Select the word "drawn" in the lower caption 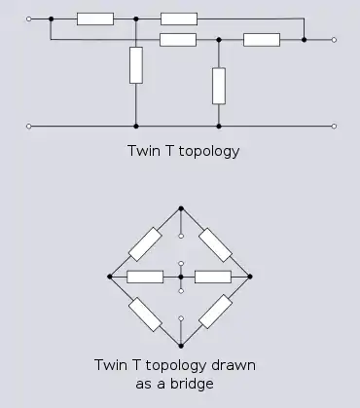pos(234,365)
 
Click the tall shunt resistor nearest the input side pos(136,65)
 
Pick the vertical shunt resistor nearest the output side pos(219,86)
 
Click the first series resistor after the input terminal pos(95,19)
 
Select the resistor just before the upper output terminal pos(262,40)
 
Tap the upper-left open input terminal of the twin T pos(29,19)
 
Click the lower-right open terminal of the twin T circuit pos(334,127)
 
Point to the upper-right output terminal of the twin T pos(334,40)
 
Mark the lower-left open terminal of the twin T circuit pos(29,127)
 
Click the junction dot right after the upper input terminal pos(51,19)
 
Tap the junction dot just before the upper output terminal pos(304,40)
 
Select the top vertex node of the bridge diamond pos(181,208)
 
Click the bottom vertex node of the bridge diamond pos(181,346)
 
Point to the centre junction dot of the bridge pos(181,277)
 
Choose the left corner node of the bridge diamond pos(110,277)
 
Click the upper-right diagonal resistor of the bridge pos(215,244)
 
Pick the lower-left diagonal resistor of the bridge pos(145,314)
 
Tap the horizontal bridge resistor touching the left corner pos(145,277)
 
